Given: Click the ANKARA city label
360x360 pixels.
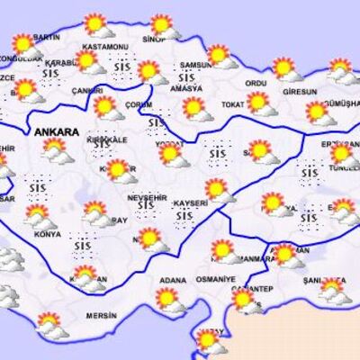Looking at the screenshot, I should point(56,131).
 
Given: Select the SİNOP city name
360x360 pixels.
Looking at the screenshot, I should point(155,40).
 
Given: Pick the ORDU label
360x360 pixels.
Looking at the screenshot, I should point(256,83).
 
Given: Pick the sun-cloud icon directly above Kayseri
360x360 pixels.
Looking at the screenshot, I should point(216,189).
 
